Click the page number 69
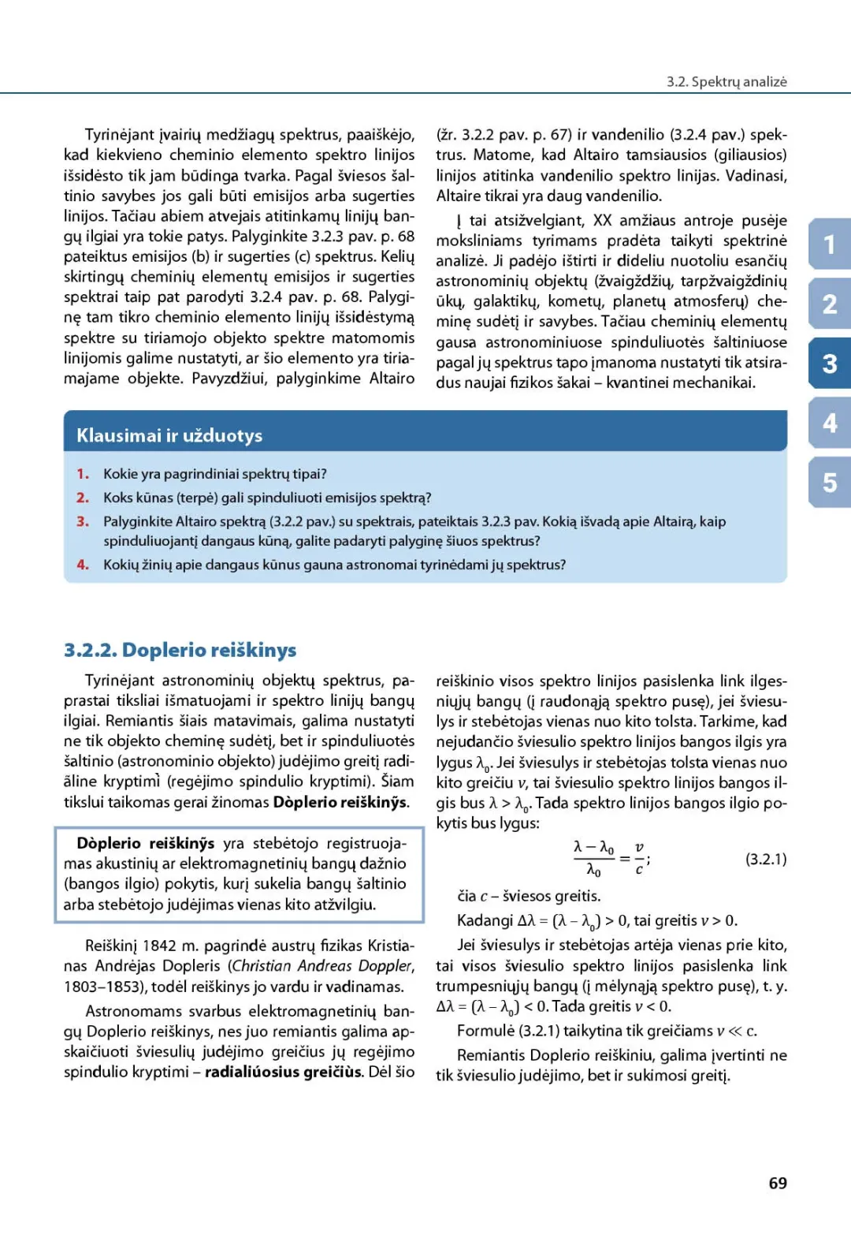[x=777, y=1183]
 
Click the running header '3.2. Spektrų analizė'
[x=726, y=81]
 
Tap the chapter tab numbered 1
[x=830, y=244]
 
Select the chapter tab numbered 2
[x=830, y=304]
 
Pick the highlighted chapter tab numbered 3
[x=830, y=364]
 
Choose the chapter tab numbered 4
[x=830, y=423]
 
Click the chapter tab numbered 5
[x=830, y=483]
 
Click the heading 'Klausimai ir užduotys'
[x=169, y=435]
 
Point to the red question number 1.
[x=82, y=474]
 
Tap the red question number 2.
[x=82, y=498]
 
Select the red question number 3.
[x=82, y=521]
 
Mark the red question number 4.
[x=82, y=565]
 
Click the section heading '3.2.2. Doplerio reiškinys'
[x=180, y=650]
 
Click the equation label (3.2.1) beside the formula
[x=765, y=859]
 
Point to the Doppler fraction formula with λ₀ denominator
[x=611, y=858]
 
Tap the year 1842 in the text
[x=159, y=946]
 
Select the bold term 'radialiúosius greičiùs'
[x=284, y=1073]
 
